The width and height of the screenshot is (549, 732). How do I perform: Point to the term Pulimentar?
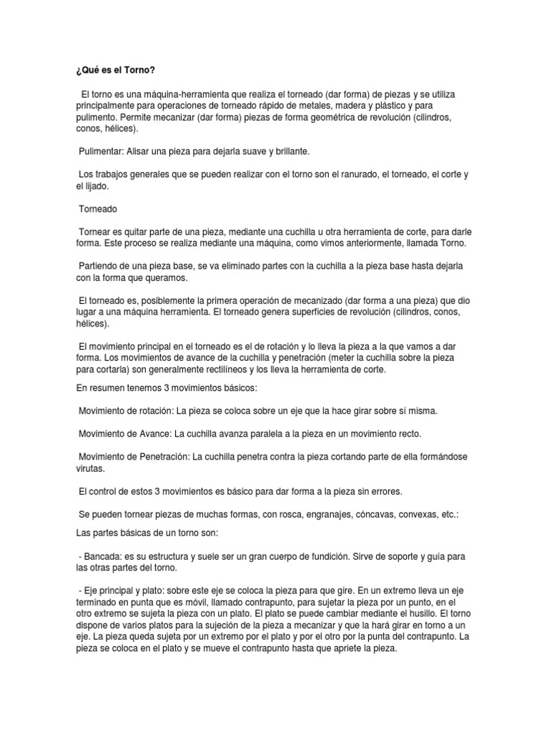pyautogui.click(x=103, y=152)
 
